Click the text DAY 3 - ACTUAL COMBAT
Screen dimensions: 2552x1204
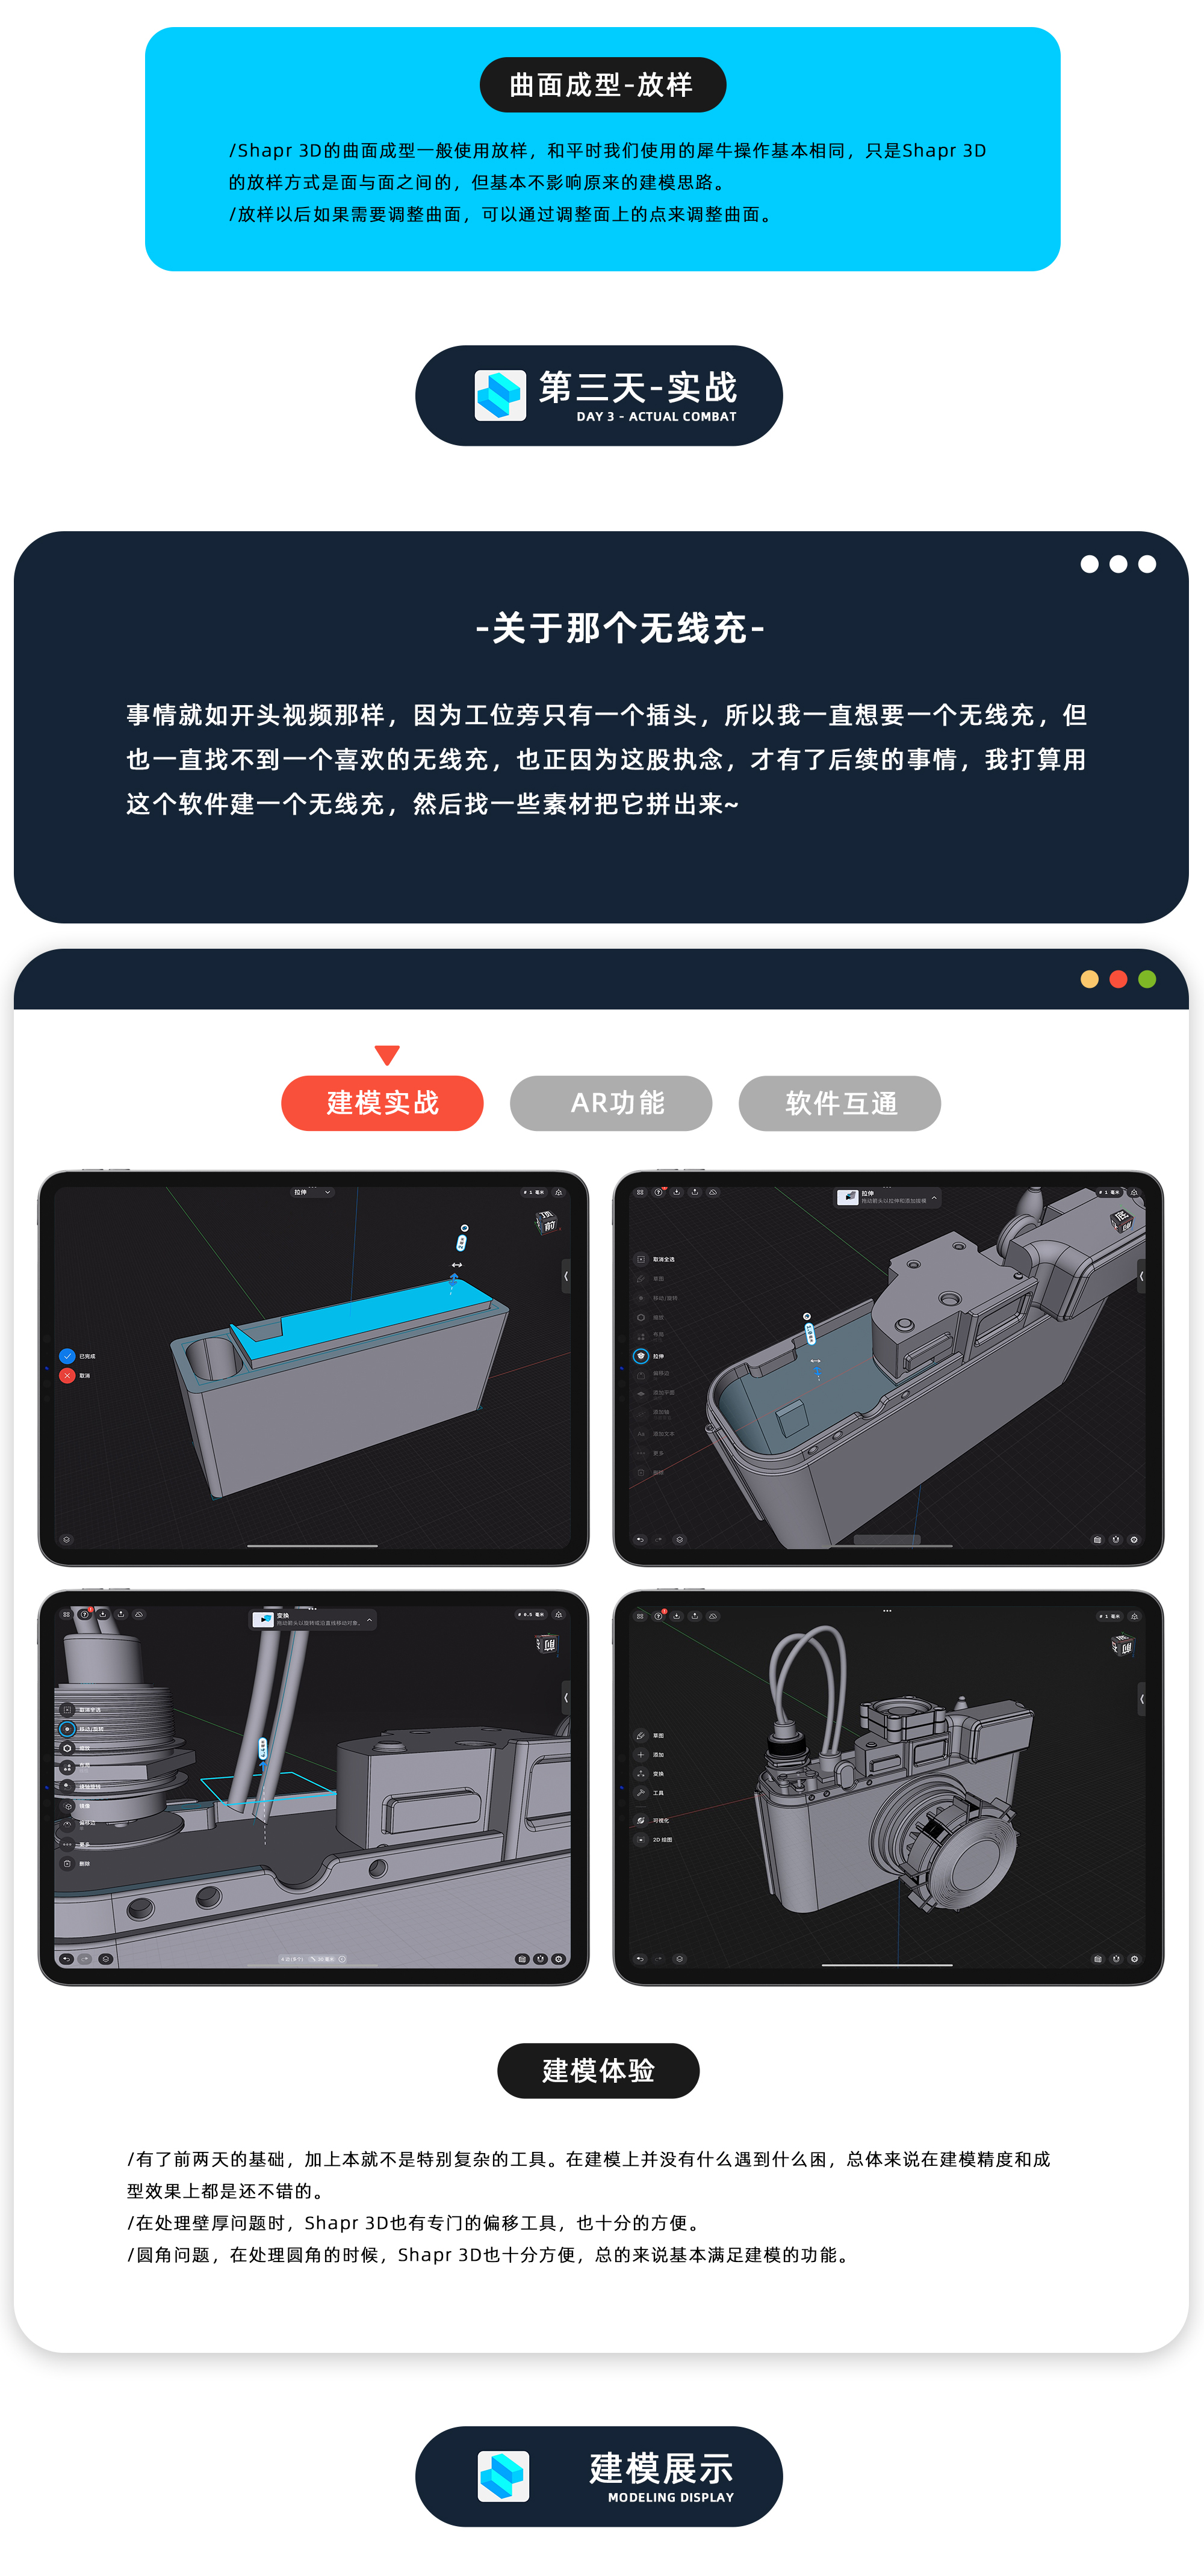point(656,417)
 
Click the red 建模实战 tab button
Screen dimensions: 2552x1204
point(382,1103)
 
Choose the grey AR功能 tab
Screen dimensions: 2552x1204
point(610,1103)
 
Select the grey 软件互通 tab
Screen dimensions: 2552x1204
point(839,1103)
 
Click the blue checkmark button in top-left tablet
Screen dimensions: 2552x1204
point(67,1355)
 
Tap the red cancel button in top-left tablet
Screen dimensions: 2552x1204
point(67,1375)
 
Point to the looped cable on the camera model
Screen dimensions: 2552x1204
point(808,1665)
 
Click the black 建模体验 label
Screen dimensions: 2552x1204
point(598,2071)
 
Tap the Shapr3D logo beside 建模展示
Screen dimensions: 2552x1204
point(503,2476)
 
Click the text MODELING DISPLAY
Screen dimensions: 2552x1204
point(670,2497)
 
